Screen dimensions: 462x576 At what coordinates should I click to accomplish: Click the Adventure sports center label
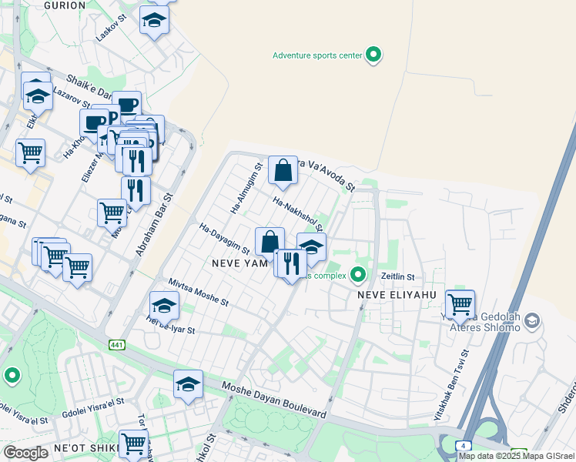click(317, 55)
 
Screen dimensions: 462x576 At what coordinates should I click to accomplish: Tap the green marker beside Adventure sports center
click(373, 55)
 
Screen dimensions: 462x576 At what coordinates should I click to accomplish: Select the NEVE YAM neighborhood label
click(239, 263)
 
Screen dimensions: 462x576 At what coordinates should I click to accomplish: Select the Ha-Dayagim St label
click(225, 239)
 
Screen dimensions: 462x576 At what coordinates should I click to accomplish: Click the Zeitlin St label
click(398, 276)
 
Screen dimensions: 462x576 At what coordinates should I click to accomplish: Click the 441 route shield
click(116, 344)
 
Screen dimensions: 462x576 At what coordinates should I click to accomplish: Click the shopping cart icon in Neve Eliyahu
click(460, 303)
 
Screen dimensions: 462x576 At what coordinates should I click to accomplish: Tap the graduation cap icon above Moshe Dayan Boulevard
click(187, 384)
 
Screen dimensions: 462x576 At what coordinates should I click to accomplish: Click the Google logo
click(26, 453)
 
